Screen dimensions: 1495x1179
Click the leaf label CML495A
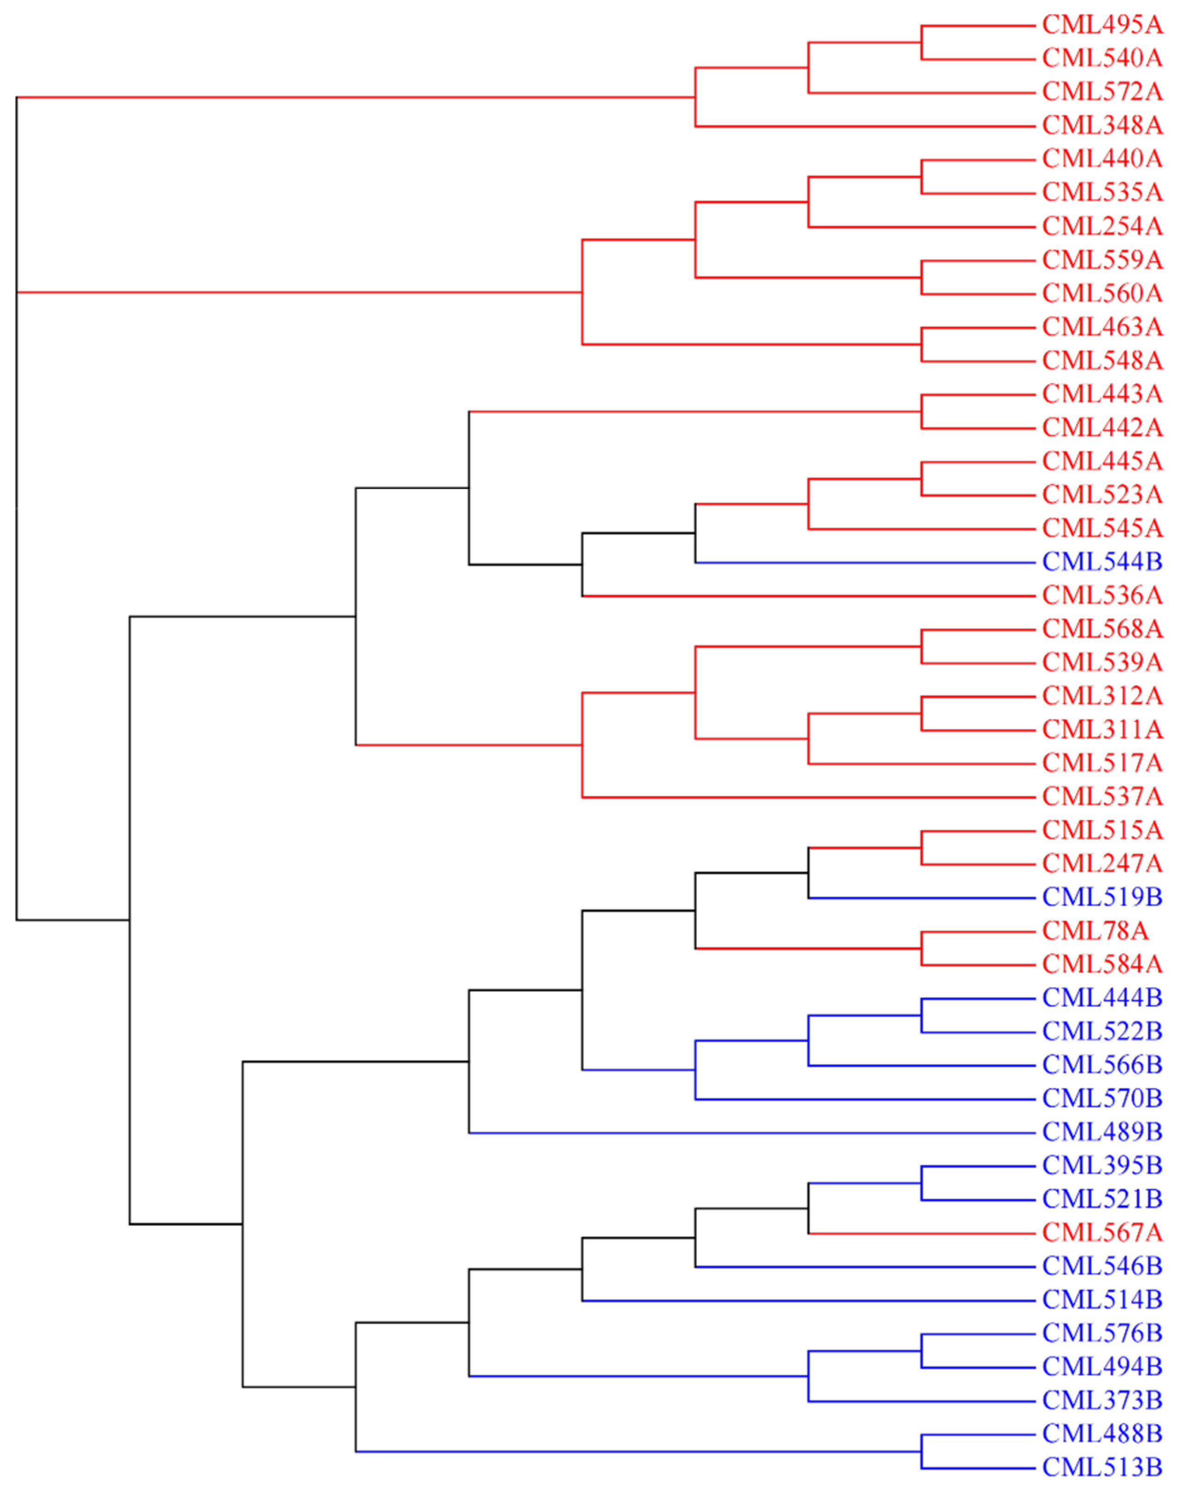click(1102, 25)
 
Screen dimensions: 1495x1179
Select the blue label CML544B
click(1102, 562)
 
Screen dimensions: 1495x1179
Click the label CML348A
click(1102, 126)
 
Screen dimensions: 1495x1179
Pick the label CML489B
click(1102, 1132)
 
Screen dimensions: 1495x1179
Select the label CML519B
click(1102, 897)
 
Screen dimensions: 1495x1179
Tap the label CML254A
click(1102, 227)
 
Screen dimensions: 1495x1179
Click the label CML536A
click(1102, 595)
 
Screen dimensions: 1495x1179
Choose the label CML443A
click(1102, 394)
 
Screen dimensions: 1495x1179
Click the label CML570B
click(1102, 1098)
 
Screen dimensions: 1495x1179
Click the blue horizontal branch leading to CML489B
click(752, 1132)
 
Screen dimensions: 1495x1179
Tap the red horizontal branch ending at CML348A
click(863, 126)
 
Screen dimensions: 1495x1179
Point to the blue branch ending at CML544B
click(863, 562)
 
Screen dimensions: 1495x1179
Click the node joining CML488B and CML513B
click(921, 1452)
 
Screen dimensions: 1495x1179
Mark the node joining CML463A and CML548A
click(921, 345)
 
